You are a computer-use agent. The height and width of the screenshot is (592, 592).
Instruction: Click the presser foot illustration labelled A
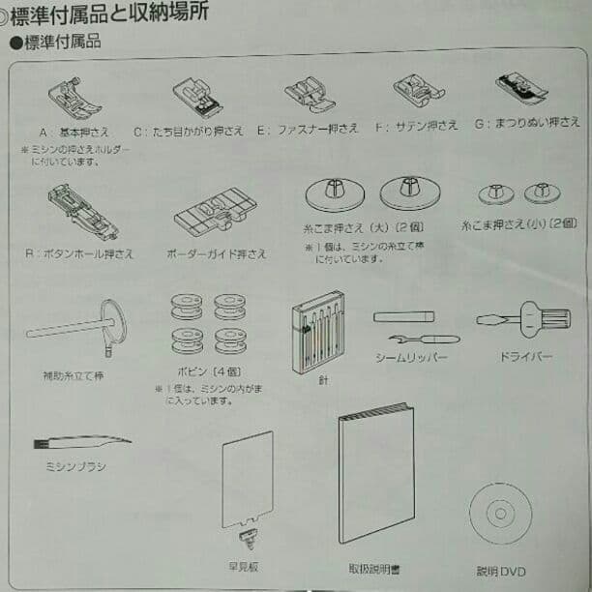(74, 99)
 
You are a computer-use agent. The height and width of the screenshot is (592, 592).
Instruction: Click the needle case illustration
(318, 333)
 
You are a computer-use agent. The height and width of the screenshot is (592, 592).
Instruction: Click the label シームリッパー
(412, 358)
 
